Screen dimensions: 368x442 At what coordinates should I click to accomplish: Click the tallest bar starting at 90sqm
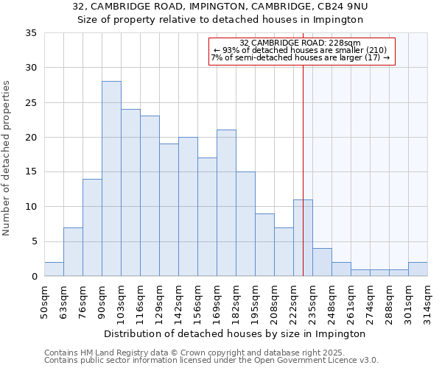tap(111, 179)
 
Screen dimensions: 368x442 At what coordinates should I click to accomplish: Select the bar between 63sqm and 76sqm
tap(73, 252)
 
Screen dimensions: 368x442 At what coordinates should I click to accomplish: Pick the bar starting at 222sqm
tap(303, 238)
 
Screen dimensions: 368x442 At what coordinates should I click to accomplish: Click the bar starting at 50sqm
tap(54, 269)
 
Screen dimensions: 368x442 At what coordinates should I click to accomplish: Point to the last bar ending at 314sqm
tap(418, 269)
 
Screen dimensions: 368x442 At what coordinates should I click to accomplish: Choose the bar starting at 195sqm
tap(264, 244)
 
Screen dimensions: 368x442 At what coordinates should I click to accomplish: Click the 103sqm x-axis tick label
tap(122, 300)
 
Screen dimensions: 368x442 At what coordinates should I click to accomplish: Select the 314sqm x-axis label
tap(428, 300)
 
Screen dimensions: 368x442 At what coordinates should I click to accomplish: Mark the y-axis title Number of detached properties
tap(8, 159)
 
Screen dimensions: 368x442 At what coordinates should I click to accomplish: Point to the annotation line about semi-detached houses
tap(300, 57)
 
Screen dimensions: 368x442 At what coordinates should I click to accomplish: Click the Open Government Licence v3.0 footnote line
tap(211, 361)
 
